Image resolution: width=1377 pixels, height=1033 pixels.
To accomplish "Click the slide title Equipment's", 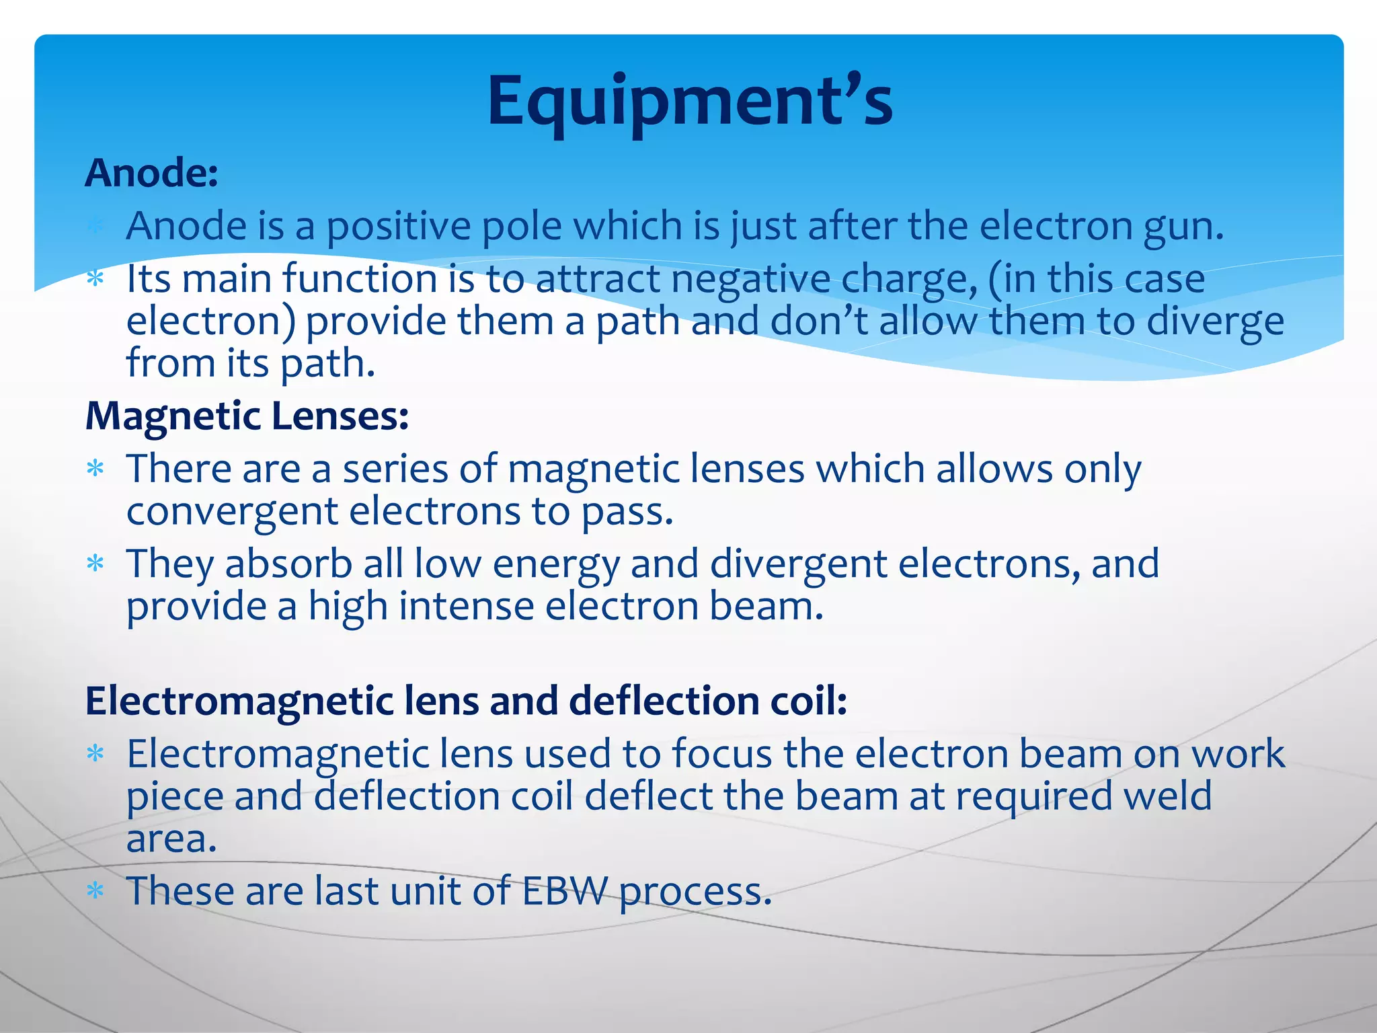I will point(690,101).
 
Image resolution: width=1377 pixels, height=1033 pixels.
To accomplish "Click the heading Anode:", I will point(152,174).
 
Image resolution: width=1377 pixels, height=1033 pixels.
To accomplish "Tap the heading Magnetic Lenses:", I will point(247,416).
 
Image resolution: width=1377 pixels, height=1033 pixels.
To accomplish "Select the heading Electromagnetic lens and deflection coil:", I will point(466,701).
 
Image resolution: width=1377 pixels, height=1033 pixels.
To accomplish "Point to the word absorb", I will point(288,564).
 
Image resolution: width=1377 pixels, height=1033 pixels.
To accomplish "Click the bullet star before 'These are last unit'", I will point(95,891).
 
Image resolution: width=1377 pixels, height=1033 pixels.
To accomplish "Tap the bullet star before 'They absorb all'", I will point(95,564).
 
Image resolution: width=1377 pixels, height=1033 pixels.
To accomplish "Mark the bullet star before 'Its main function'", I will point(95,278).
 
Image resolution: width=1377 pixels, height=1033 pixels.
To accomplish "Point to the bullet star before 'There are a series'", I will point(95,469).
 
